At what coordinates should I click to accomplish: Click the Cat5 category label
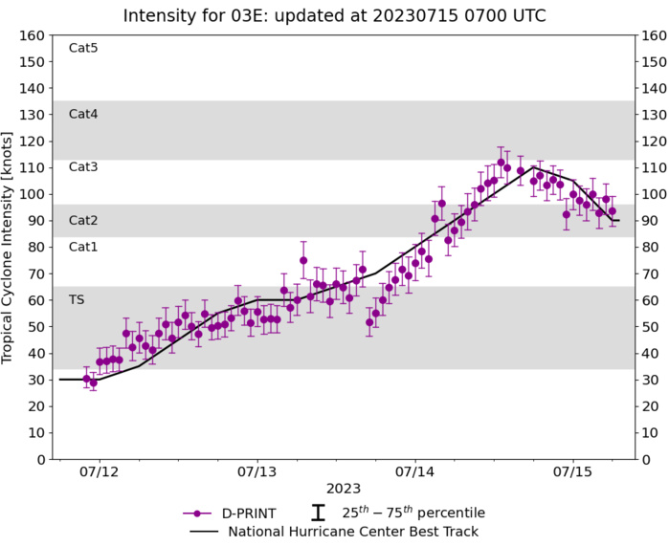click(83, 48)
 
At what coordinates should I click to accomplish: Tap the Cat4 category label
click(83, 114)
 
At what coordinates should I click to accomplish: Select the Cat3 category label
click(83, 166)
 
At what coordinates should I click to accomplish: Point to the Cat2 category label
click(83, 220)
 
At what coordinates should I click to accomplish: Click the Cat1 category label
click(83, 247)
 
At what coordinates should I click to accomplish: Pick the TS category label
click(77, 299)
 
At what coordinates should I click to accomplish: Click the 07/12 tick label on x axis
click(100, 472)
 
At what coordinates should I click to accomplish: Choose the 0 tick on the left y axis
click(41, 460)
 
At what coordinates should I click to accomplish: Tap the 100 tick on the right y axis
click(652, 194)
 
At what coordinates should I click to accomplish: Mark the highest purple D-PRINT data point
click(501, 163)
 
